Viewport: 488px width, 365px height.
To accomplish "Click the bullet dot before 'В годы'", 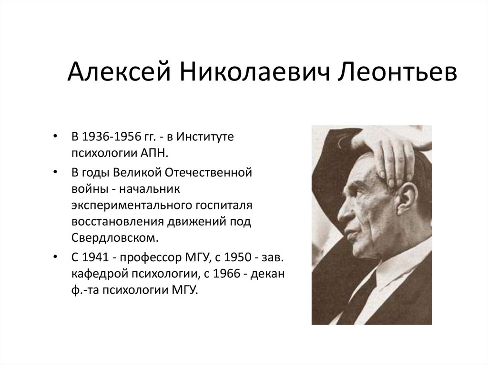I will [x=57, y=171].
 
